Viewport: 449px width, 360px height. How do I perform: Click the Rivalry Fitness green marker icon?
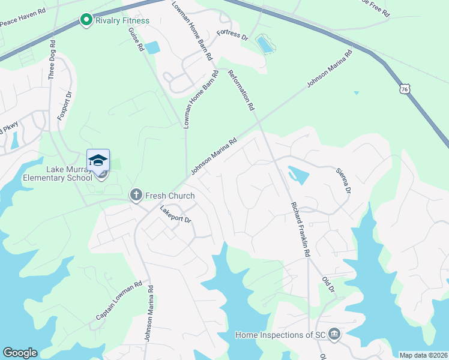(86, 20)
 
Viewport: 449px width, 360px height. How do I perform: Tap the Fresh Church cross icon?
(136, 195)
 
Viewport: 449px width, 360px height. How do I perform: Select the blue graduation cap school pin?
(98, 160)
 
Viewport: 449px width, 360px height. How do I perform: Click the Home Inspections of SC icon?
(335, 334)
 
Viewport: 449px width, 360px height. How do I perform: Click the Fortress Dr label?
(232, 35)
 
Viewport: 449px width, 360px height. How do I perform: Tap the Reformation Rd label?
(241, 90)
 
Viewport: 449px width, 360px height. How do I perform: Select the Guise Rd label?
(137, 38)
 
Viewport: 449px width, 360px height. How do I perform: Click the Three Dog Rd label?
(52, 60)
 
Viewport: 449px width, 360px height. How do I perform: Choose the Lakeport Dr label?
(175, 215)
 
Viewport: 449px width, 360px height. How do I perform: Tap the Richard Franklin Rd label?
(300, 229)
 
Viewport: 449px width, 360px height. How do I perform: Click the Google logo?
(20, 353)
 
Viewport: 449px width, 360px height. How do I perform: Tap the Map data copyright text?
(423, 355)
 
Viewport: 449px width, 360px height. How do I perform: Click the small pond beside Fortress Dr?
(264, 44)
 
